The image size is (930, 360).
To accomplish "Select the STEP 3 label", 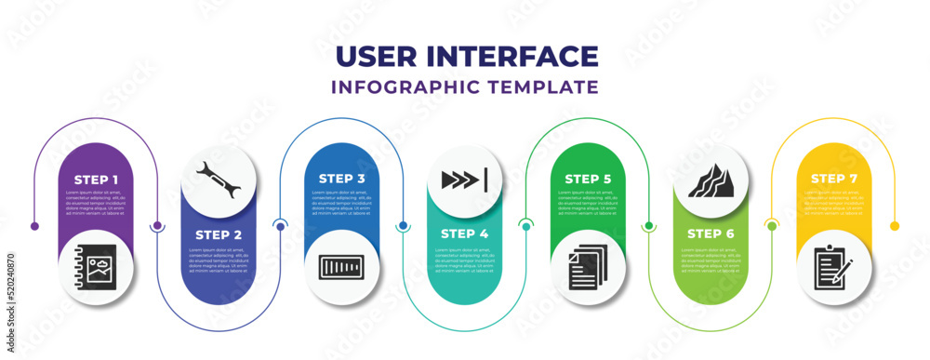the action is click(342, 178).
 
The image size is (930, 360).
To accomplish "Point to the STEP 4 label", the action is click(465, 233).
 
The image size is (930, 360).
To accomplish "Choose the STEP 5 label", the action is click(589, 178).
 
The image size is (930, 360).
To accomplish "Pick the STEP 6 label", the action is click(711, 233).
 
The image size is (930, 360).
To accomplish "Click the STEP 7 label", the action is click(834, 178).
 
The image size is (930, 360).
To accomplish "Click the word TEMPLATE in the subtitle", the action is click(549, 87).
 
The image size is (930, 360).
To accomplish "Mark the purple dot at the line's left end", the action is click(34, 226).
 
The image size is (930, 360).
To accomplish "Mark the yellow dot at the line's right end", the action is click(895, 226).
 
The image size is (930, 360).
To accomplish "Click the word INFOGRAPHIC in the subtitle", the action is click(412, 87).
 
